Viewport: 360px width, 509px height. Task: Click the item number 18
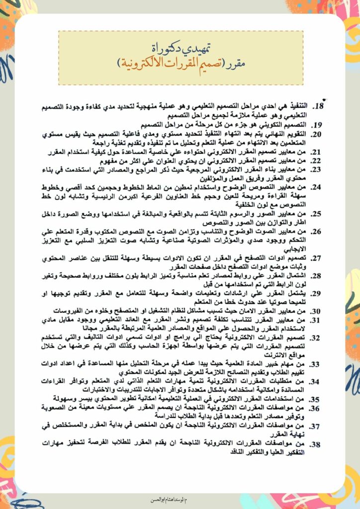318,107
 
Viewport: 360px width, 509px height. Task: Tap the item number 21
317,153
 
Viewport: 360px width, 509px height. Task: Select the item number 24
317,188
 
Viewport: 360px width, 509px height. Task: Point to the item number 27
317,258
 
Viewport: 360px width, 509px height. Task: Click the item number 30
317,311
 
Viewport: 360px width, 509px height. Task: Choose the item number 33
317,364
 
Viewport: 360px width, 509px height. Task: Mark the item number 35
317,399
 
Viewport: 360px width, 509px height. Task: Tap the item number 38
317,443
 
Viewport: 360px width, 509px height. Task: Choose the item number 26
317,231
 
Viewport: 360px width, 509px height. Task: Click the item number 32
317,338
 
